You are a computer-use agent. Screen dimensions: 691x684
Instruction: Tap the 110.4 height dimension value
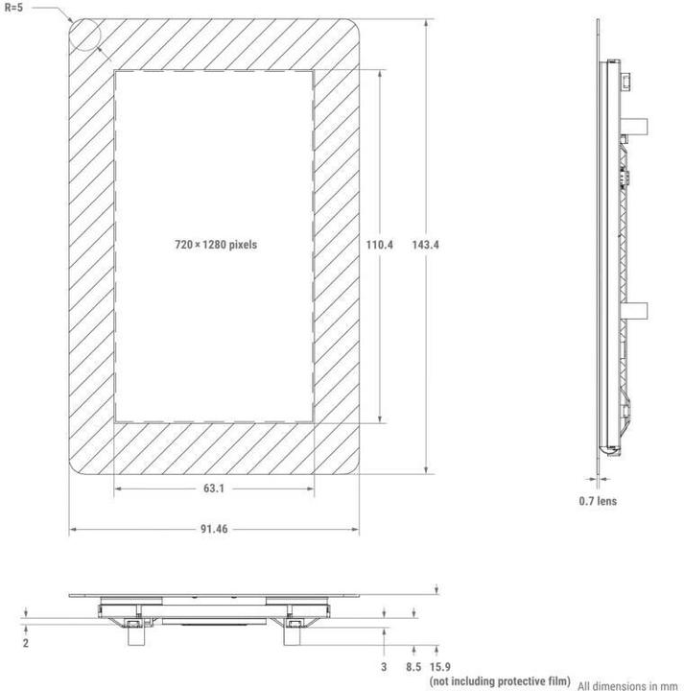tap(380, 245)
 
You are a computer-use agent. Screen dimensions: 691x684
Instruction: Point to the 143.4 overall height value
tap(425, 245)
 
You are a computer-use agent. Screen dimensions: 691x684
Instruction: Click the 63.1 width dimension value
tap(214, 489)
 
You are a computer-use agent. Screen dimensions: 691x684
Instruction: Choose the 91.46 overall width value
tap(214, 530)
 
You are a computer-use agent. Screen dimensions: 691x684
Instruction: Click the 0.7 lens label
tap(598, 501)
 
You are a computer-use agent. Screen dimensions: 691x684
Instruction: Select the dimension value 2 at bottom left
tap(26, 643)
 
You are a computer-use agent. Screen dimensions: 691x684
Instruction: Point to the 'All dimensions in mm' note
tap(628, 685)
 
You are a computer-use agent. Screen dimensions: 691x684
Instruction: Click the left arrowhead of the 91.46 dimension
tap(72, 530)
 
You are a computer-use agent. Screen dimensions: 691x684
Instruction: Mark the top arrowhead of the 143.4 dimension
tap(425, 21)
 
